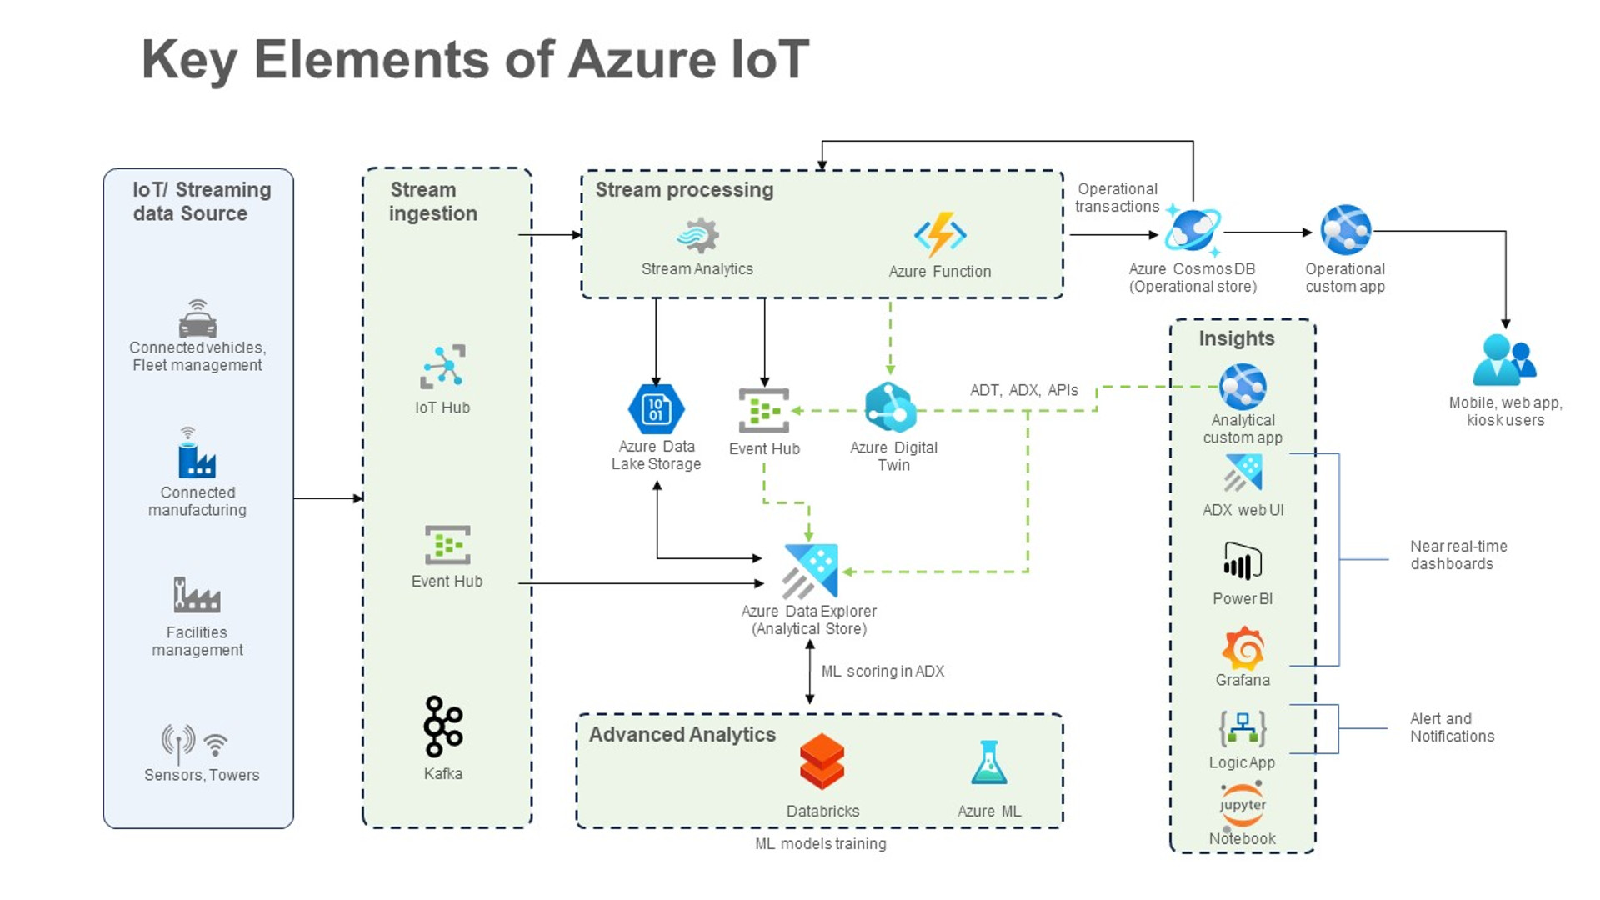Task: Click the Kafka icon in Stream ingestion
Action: coord(442,727)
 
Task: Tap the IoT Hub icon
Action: coord(442,367)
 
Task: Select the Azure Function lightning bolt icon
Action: coord(940,234)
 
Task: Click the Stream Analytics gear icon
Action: coord(698,236)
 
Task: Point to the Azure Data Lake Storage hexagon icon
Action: coord(656,409)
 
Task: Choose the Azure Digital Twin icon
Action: coord(890,407)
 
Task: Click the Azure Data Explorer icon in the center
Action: coord(811,571)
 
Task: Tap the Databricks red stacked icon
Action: coord(822,762)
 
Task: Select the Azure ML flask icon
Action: coord(989,763)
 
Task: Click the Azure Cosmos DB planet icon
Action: coord(1192,230)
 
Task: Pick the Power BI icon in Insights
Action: coord(1242,561)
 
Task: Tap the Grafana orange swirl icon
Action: coord(1242,649)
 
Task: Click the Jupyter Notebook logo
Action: coord(1242,805)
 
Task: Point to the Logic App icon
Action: coord(1242,729)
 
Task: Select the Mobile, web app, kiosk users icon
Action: coord(1504,360)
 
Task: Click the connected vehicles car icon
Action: coord(197,319)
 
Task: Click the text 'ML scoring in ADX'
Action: coord(882,672)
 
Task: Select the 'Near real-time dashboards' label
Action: coord(1457,555)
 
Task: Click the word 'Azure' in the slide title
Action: coord(642,60)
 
